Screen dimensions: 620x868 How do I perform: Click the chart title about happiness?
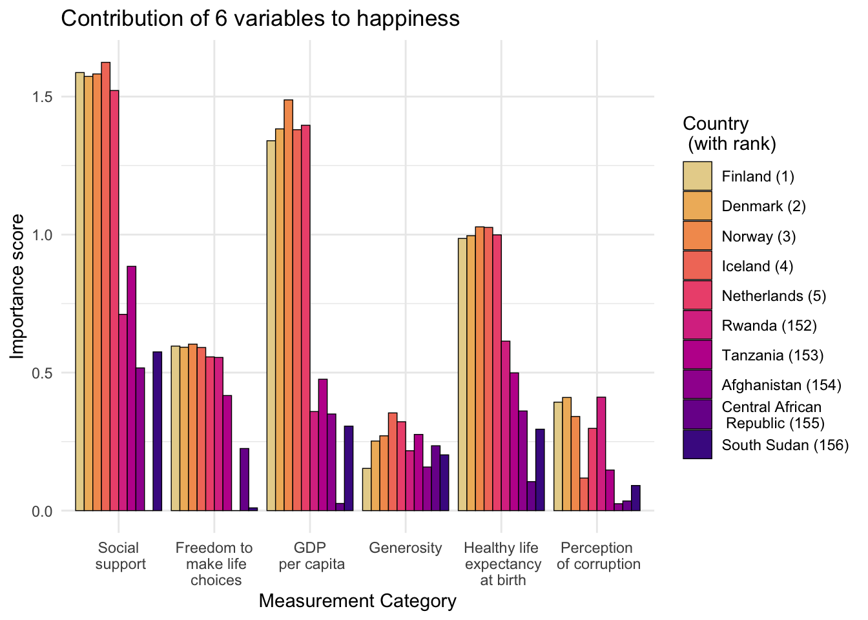point(260,19)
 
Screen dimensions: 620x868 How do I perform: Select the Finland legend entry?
point(758,176)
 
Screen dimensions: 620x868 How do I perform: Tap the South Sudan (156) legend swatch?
point(697,445)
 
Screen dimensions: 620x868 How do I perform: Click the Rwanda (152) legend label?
point(769,325)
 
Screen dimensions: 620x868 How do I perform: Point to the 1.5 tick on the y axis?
point(43,97)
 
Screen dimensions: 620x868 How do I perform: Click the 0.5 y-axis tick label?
point(43,373)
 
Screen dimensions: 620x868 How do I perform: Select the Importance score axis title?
point(17,286)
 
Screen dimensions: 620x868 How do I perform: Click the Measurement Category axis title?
point(357,601)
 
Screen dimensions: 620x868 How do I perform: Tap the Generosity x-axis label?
point(405,548)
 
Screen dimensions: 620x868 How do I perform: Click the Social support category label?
point(119,556)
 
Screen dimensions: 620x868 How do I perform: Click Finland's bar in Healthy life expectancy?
point(462,375)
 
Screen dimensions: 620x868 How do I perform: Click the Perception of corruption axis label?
point(598,556)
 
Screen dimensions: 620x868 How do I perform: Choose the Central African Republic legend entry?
point(772,415)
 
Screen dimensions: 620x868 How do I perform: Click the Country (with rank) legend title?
point(729,133)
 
